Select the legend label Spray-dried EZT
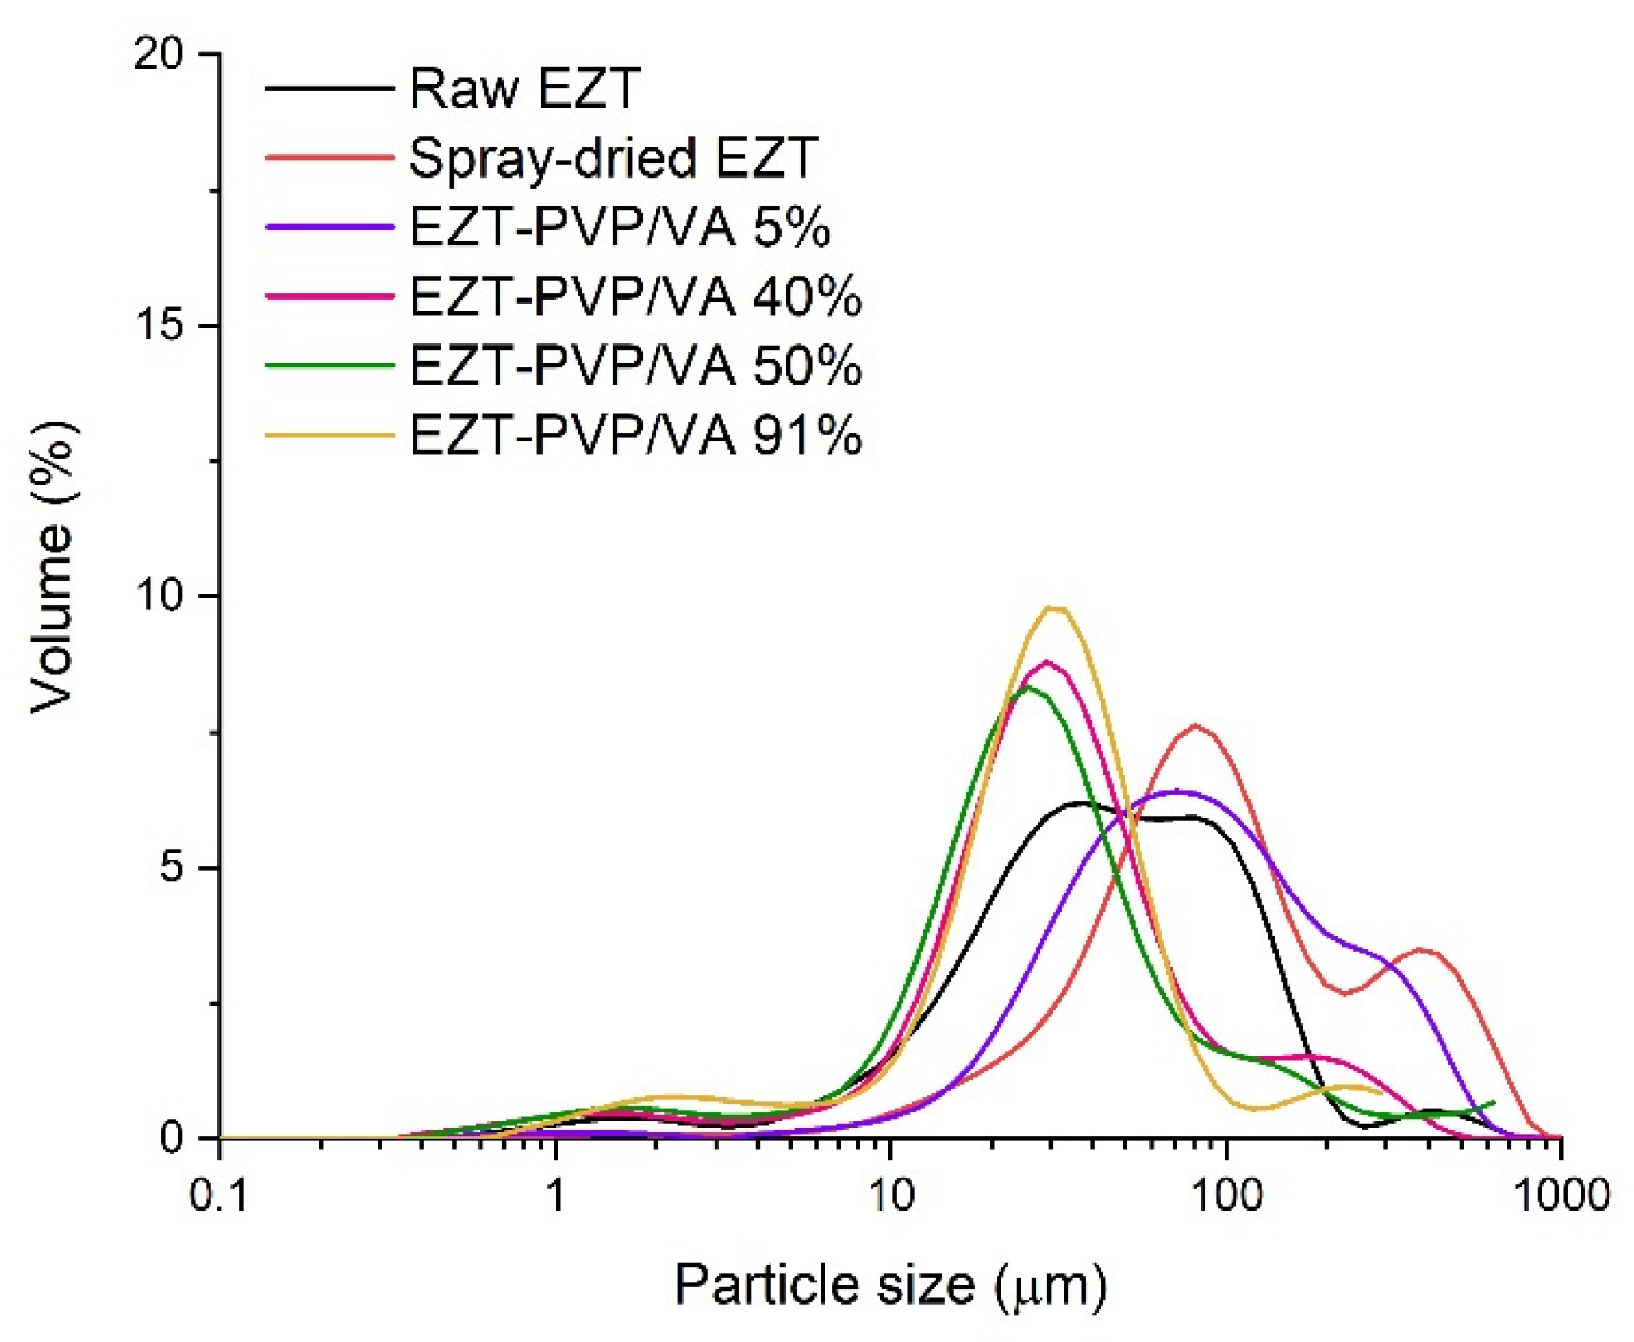click(613, 158)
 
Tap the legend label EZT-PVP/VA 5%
click(620, 227)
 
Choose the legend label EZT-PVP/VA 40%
click(635, 296)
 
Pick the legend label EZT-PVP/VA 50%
click(635, 366)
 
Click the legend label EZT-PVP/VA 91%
click(635, 435)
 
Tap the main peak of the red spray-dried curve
click(1196, 726)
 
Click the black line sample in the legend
click(330, 88)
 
